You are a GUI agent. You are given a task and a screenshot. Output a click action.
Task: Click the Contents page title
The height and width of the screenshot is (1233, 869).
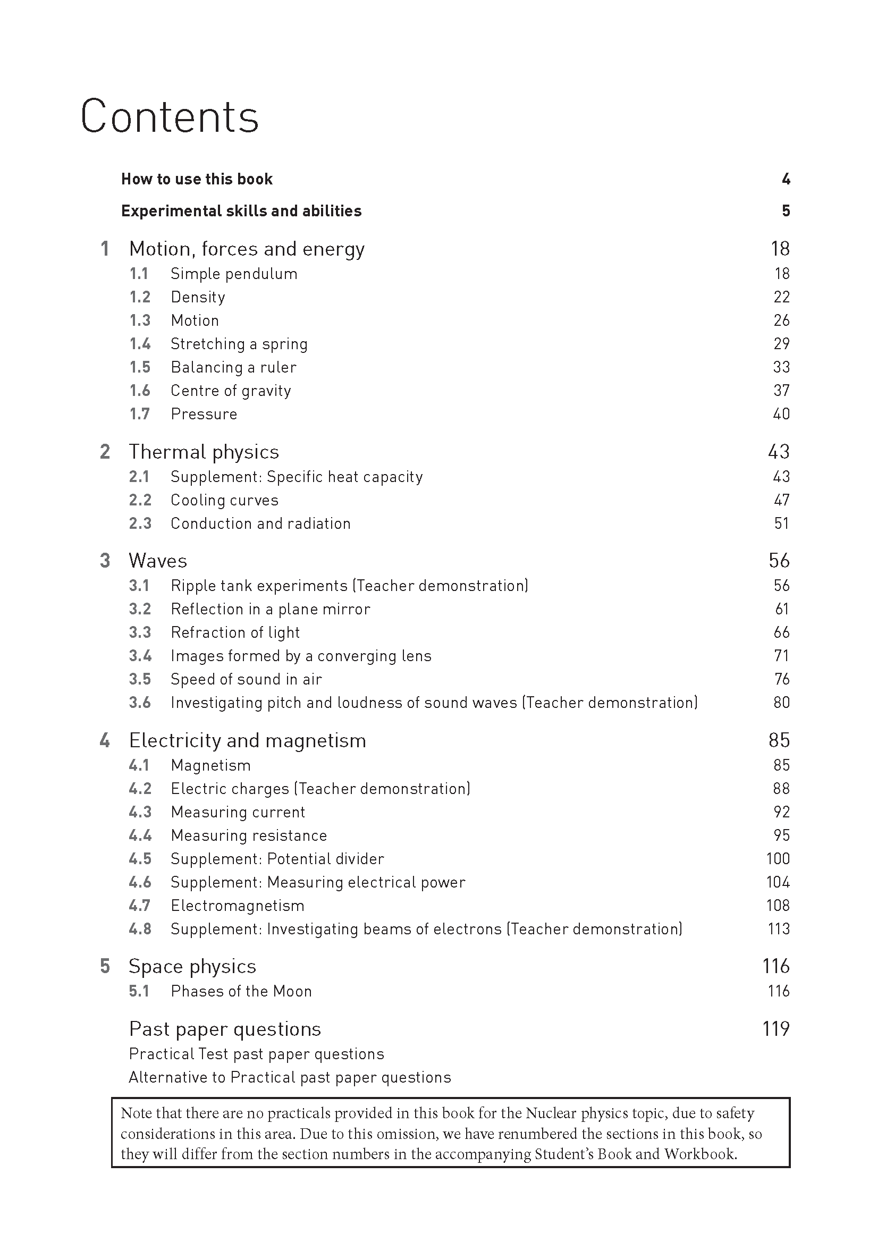point(170,116)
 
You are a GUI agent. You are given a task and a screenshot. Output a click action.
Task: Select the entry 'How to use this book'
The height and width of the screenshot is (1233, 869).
point(197,179)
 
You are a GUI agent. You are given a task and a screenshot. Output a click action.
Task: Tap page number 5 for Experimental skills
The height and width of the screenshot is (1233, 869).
point(786,211)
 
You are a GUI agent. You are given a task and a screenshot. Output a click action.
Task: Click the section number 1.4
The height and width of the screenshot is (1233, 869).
point(140,344)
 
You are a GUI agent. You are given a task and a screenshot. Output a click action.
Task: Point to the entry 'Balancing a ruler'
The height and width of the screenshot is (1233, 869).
point(233,367)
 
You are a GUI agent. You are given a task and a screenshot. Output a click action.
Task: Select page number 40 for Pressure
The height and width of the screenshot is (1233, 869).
point(781,414)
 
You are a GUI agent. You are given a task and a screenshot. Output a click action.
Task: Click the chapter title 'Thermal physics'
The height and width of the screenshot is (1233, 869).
point(204,452)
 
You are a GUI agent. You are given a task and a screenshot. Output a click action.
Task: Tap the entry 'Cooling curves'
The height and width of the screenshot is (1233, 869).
point(224,500)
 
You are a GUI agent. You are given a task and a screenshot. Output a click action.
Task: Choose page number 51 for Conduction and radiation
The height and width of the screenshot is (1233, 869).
point(781,523)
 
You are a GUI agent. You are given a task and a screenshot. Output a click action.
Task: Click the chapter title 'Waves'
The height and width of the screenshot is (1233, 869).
point(158,561)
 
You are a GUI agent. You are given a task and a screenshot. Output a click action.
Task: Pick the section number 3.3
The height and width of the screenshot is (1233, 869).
point(140,632)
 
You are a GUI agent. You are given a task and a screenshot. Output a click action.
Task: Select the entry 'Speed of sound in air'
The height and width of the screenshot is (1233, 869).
point(246,679)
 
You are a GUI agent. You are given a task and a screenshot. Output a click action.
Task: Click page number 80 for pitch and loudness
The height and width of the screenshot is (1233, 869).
point(781,703)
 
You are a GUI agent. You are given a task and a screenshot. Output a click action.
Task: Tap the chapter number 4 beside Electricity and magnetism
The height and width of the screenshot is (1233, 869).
point(105,740)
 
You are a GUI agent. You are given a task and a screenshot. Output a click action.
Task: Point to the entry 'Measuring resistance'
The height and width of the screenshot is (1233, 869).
point(249,835)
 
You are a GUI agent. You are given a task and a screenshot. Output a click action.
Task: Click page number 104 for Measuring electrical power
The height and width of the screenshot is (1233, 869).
point(778,882)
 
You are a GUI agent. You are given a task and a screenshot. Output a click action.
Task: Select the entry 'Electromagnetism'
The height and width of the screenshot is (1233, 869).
point(238,906)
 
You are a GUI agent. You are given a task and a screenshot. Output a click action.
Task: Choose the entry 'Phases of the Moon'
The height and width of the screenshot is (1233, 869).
point(241,991)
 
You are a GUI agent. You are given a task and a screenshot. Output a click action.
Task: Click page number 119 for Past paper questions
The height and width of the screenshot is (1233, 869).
point(775,1029)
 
